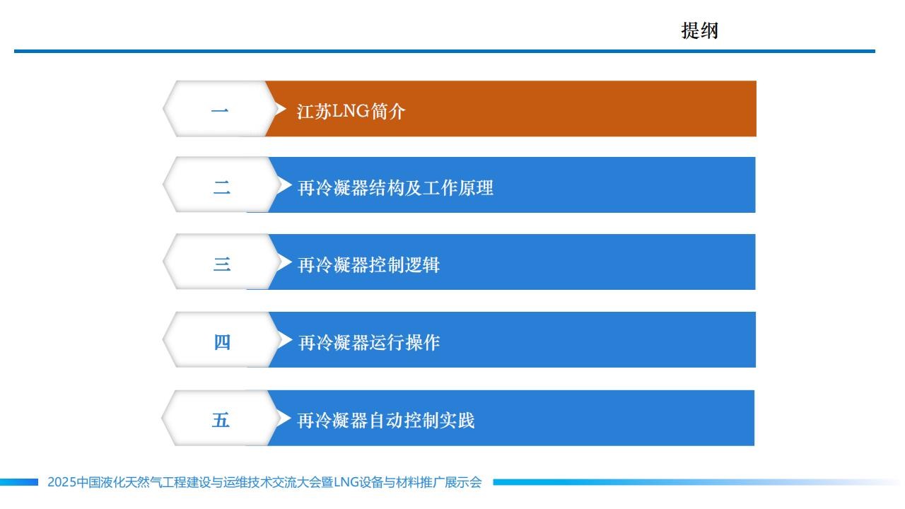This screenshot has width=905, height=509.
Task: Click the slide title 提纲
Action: pos(700,30)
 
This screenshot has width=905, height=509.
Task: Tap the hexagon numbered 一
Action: pos(221,109)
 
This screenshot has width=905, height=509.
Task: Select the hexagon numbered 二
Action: pos(221,185)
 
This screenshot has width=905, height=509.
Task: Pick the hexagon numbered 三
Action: pos(221,262)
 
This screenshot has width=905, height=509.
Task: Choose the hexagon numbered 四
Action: pos(221,340)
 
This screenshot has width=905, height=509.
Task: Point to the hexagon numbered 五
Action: pos(221,418)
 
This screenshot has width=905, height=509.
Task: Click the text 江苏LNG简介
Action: pos(351,111)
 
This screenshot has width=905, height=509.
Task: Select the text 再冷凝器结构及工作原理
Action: pos(395,188)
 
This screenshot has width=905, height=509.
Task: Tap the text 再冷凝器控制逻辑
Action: pos(368,265)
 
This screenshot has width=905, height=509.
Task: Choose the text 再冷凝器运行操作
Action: pos(369,343)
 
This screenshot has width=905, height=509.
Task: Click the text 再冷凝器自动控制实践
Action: pos(385,421)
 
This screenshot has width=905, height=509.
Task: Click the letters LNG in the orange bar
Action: pos(351,111)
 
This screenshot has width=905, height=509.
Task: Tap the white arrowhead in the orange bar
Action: pos(281,109)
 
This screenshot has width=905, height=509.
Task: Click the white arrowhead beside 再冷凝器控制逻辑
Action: pos(285,262)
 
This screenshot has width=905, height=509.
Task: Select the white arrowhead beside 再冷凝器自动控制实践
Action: pos(284,418)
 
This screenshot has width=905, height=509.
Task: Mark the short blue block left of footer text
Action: pos(19,482)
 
